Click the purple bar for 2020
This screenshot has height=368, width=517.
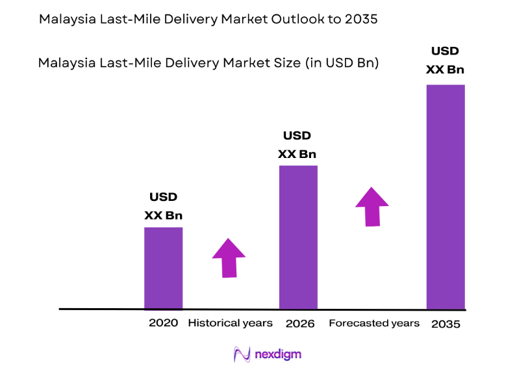pyautogui.click(x=163, y=268)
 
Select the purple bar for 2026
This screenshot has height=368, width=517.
pyautogui.click(x=298, y=237)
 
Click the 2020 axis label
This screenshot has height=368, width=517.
pyautogui.click(x=163, y=322)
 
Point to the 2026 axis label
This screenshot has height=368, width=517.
pyautogui.click(x=300, y=323)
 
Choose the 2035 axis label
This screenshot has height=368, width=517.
pyautogui.click(x=446, y=323)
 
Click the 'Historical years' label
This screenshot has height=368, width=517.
pyautogui.click(x=230, y=322)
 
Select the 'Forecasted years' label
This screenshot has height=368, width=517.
pyautogui.click(x=374, y=322)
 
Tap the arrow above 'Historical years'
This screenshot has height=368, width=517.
pyautogui.click(x=229, y=257)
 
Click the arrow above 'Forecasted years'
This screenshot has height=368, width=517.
pyautogui.click(x=372, y=207)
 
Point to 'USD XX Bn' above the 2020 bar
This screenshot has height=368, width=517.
pyautogui.click(x=163, y=206)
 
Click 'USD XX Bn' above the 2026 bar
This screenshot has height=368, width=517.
pyautogui.click(x=297, y=144)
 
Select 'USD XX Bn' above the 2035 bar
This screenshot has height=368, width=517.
pyautogui.click(x=445, y=60)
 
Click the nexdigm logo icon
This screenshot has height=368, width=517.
pyautogui.click(x=242, y=354)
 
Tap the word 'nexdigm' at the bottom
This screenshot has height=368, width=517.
pyautogui.click(x=278, y=354)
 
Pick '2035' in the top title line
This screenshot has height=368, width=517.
pyautogui.click(x=362, y=20)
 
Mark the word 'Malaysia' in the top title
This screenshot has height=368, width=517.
pyautogui.click(x=64, y=20)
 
